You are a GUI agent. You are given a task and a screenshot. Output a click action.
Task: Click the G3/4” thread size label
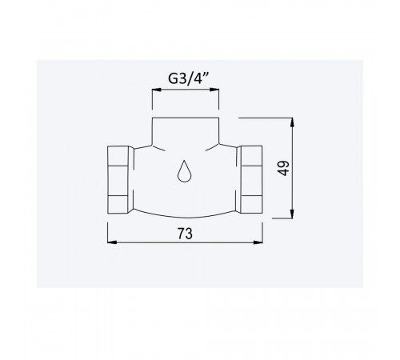coord(188,78)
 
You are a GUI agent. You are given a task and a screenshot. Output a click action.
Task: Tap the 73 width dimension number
coord(185,234)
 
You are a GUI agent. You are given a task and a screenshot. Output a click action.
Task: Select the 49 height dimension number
coord(283,168)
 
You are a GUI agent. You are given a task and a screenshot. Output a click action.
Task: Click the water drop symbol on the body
coord(184,171)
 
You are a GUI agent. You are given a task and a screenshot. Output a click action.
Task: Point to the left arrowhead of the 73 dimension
coord(112,242)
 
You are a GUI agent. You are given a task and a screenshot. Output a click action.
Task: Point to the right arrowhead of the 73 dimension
coord(258,242)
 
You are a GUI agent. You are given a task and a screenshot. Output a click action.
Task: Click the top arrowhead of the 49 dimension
coord(292,122)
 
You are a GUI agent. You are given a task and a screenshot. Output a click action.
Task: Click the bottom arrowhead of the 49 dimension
coord(292,214)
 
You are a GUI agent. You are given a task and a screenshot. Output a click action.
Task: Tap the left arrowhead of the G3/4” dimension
coord(157,90)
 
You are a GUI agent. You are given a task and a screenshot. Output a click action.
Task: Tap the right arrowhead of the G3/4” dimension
coord(214,90)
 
